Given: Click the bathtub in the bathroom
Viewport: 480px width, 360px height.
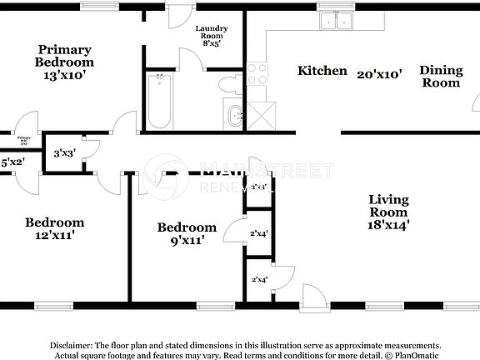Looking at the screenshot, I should coord(158,100).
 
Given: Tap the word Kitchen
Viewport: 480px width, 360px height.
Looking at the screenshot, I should coord(322,71).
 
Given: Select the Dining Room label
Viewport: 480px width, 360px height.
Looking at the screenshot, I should coord(441,77).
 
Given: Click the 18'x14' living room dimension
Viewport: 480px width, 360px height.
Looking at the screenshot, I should coord(387,224).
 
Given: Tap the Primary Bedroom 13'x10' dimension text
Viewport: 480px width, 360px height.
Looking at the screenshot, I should coord(64,74).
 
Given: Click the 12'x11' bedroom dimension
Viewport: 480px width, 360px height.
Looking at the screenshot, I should coord(54,236).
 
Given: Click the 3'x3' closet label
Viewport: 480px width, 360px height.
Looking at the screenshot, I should coord(62,153).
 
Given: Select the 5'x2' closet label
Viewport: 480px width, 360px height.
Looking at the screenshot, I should coord(12,162).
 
